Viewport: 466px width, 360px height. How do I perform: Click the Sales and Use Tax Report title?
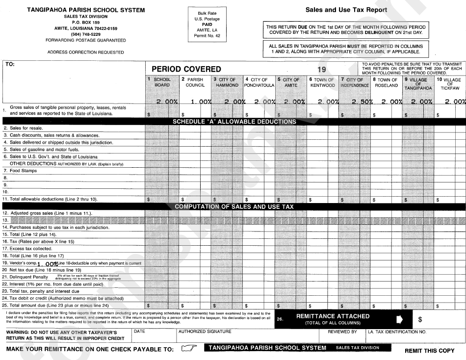click(x=346, y=10)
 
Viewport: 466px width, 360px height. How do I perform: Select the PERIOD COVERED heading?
click(x=186, y=69)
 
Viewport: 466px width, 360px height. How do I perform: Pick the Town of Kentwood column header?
click(x=322, y=82)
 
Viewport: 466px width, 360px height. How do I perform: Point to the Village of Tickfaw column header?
click(x=450, y=83)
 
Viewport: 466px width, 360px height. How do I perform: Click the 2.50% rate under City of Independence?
click(x=362, y=102)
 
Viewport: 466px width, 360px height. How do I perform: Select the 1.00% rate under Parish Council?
click(x=201, y=102)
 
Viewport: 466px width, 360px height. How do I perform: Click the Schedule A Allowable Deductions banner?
click(x=234, y=122)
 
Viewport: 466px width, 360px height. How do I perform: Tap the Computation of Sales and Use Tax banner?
click(x=234, y=207)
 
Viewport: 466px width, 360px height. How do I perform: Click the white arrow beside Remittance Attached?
click(x=399, y=319)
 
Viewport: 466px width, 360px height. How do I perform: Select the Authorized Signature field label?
click(x=205, y=332)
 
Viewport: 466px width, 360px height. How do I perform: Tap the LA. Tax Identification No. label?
click(x=397, y=332)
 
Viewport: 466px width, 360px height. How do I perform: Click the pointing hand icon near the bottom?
click(x=188, y=348)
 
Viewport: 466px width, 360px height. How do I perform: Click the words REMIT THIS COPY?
click(x=429, y=351)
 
